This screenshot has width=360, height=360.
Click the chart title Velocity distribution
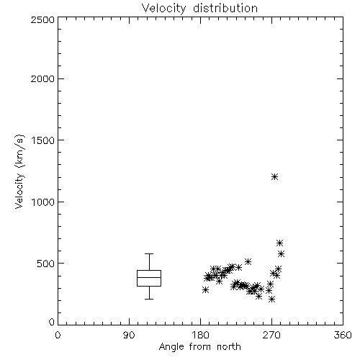point(199,8)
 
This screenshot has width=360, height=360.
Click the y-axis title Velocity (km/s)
point(19,171)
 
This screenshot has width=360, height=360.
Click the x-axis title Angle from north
point(199,347)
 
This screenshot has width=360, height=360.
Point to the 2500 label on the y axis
point(42,19)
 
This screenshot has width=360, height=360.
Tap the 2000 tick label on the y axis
point(42,78)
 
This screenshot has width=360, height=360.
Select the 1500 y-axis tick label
point(43,140)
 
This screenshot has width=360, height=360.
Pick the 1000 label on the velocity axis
point(43,202)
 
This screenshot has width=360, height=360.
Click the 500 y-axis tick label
point(46,264)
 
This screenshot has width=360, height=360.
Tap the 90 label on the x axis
point(129,335)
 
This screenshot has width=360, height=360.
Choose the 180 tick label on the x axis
point(200,335)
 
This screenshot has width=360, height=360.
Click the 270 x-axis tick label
point(271,335)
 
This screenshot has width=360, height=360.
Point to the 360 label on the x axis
point(343,335)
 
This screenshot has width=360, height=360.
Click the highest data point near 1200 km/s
point(274,177)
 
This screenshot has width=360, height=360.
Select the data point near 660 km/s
point(279,243)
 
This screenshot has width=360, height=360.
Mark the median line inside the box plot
point(149,277)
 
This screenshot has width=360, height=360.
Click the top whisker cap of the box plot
point(149,253)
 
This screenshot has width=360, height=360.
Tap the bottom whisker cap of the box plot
point(149,299)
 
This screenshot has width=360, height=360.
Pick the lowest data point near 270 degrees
point(271,299)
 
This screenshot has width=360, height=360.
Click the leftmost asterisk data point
point(205,289)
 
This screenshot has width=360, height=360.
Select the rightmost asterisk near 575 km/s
point(282,253)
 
